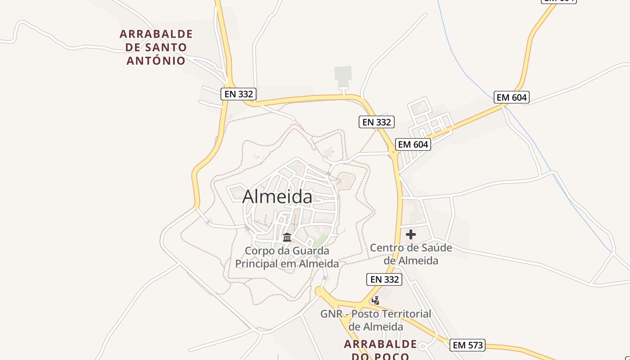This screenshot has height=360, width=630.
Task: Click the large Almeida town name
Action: point(277,197)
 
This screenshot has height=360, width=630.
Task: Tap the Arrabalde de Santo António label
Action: point(156,47)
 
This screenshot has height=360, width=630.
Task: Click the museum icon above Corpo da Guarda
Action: point(287,237)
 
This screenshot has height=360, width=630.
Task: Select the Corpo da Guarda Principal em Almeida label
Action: point(287,257)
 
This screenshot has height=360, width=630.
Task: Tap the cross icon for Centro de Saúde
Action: point(410,234)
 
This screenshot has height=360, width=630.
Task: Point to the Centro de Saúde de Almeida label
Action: point(411,254)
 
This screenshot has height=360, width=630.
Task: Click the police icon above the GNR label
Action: point(375,300)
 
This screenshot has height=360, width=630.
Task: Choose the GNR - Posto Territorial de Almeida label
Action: point(376,320)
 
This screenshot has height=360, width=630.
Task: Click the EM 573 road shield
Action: point(468,345)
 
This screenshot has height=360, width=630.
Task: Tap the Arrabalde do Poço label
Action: point(380,350)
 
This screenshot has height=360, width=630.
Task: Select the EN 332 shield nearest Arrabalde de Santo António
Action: point(238,94)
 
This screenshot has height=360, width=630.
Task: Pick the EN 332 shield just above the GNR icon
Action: point(384,279)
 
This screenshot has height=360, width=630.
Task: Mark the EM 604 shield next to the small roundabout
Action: point(413,144)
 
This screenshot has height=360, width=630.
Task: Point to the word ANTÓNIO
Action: point(156,61)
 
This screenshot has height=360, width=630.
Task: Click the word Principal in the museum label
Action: point(257,264)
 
